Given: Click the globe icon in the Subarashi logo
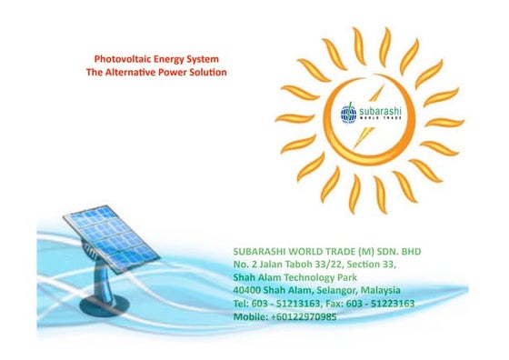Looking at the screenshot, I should tap(348, 112).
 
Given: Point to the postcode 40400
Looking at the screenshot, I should tap(246, 290).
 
